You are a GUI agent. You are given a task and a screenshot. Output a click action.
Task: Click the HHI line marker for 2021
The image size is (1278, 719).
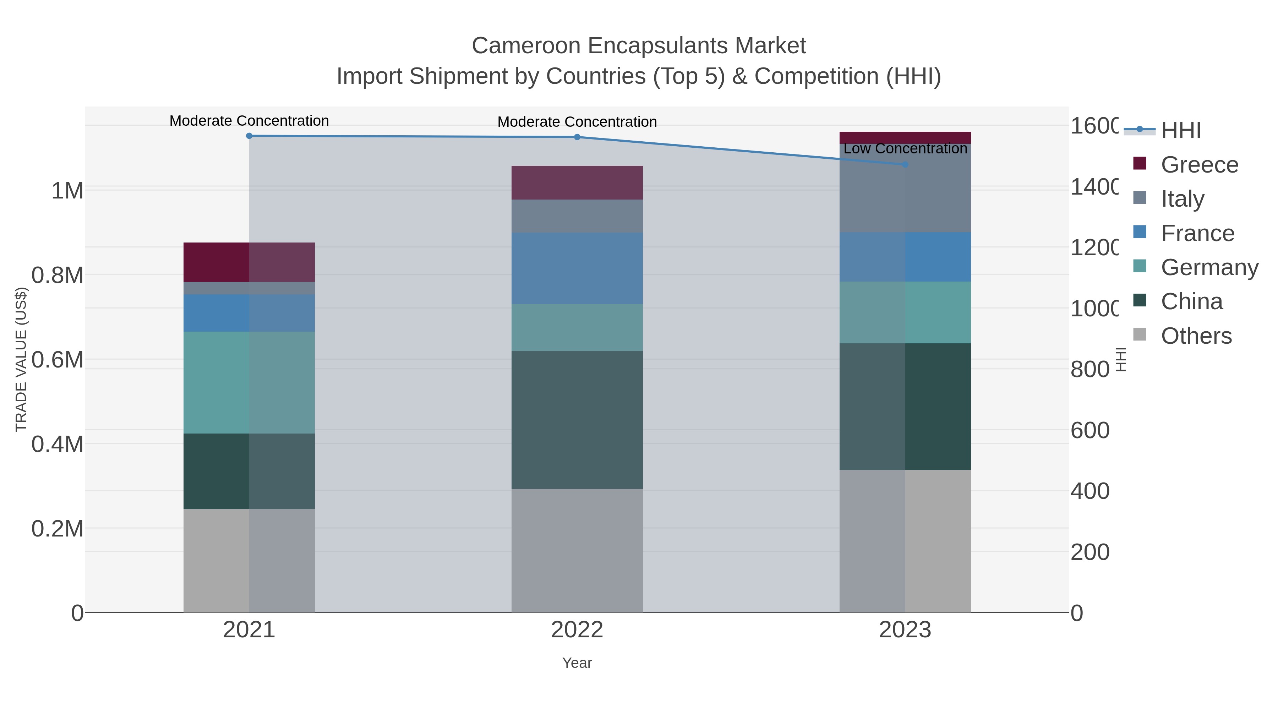[249, 136]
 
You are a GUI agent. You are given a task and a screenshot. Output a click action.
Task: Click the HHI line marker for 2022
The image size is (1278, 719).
[577, 137]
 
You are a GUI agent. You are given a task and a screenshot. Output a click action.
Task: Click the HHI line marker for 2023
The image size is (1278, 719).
[905, 164]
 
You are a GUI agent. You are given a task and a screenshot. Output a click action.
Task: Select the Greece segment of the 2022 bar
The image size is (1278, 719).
[577, 183]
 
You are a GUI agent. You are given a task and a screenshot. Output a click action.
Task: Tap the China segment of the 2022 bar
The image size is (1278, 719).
[577, 420]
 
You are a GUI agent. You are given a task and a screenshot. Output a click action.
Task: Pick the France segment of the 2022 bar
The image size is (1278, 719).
[577, 268]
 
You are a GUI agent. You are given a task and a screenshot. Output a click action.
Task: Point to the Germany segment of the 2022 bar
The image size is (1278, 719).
[577, 327]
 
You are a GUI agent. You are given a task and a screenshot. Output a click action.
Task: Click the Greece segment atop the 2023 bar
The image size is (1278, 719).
[905, 137]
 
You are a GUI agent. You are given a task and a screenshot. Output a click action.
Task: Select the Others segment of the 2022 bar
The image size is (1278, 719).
[577, 550]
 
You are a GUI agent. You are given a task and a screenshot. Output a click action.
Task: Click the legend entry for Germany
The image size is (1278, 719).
[1209, 267]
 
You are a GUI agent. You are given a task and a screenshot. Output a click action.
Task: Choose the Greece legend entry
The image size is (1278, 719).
[1199, 165]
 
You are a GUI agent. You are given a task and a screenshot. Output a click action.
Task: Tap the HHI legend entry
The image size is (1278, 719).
[1181, 131]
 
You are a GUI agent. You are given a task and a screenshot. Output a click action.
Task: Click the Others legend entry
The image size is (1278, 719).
[1196, 336]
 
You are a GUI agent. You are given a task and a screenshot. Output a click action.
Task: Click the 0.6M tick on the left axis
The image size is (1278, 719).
[58, 360]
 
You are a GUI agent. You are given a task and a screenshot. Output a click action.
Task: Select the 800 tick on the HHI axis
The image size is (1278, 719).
[1089, 370]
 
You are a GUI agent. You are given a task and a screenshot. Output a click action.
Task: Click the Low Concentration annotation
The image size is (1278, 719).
[905, 148]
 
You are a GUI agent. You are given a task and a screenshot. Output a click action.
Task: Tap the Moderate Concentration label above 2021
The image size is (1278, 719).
[249, 121]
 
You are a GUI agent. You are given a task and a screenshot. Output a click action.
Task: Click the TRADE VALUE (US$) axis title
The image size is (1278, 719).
[21, 359]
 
